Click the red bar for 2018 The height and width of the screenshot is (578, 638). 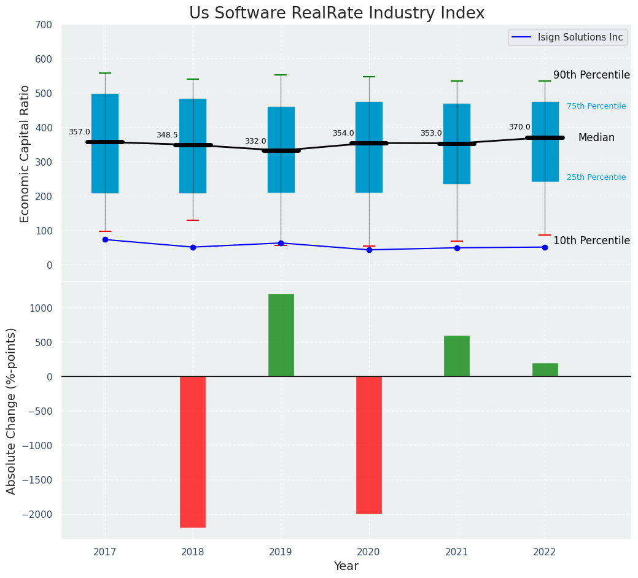[x=193, y=452]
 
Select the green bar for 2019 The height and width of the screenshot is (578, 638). [x=281, y=335]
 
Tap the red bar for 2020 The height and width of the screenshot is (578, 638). [x=369, y=445]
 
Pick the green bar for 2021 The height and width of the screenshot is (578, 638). [x=457, y=356]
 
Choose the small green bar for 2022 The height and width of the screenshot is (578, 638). [x=545, y=370]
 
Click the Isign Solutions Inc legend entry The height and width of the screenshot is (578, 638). [x=580, y=37]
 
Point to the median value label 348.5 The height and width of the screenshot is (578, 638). [x=167, y=135]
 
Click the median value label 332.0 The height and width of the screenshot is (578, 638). [x=255, y=141]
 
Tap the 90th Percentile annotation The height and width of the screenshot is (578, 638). [x=591, y=75]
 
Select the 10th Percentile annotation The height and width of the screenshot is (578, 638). [x=591, y=241]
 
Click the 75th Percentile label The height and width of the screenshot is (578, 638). [x=596, y=106]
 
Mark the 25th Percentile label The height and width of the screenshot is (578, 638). [x=596, y=177]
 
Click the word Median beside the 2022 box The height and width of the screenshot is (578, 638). [x=596, y=138]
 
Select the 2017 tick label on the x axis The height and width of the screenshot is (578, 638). [x=105, y=552]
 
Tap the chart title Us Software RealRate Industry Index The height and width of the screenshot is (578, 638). [x=337, y=13]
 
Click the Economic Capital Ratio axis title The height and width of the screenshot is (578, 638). [x=25, y=153]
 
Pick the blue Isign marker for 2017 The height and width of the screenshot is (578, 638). [x=105, y=239]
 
